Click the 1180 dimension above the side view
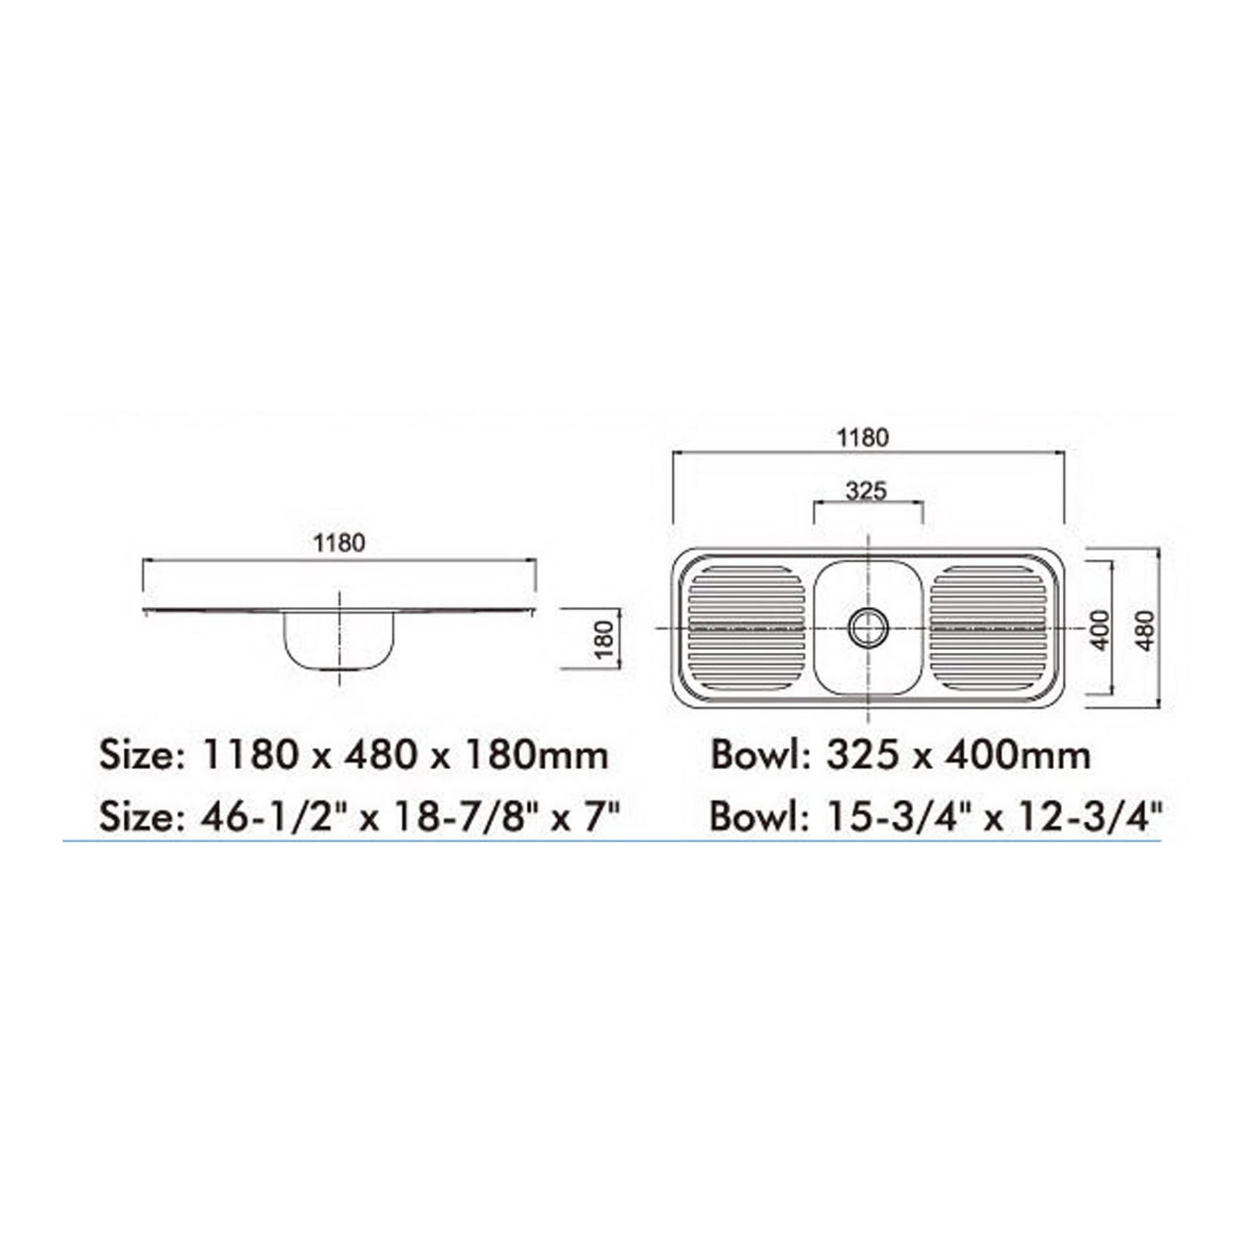339,543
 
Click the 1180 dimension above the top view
862,437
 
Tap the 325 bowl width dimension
867,491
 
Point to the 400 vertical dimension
1100,630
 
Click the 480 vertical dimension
1146,631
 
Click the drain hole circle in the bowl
868,627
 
